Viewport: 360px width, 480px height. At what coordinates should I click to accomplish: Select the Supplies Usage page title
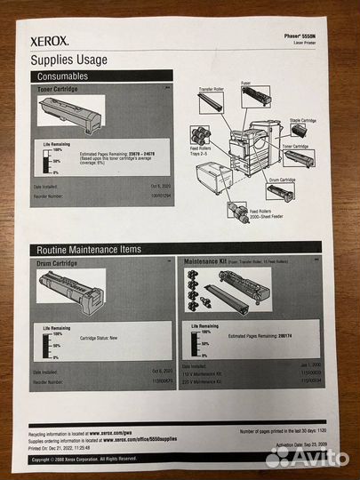click(x=72, y=60)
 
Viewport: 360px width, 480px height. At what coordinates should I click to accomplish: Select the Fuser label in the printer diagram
click(x=245, y=83)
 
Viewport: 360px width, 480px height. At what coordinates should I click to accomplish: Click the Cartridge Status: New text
click(x=102, y=339)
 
